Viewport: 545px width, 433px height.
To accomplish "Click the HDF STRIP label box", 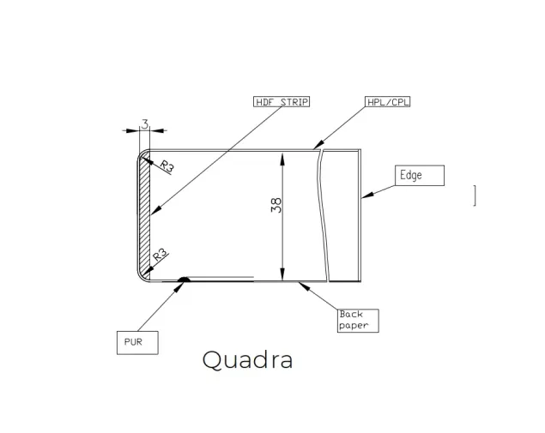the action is pos(282,102).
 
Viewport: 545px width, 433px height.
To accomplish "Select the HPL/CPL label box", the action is pos(388,102).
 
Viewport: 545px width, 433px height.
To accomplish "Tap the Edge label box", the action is pos(420,176).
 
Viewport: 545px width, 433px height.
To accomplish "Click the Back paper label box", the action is pos(358,321).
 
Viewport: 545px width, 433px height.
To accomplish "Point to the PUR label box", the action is pos(137,343).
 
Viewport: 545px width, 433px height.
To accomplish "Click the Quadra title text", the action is pos(247,360).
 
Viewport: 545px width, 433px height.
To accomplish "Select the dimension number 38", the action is pos(276,205).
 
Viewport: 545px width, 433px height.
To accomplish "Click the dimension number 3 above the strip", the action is pos(144,123).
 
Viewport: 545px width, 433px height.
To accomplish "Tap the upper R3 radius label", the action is pos(167,166).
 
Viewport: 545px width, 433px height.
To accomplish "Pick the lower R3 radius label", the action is pos(160,256).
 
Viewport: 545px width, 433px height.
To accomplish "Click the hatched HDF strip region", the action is pos(144,215).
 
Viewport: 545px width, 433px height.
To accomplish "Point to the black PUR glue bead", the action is pos(184,280).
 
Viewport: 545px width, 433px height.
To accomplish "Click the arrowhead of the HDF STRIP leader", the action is pos(156,210).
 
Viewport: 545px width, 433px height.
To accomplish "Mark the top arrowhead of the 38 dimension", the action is pos(282,159).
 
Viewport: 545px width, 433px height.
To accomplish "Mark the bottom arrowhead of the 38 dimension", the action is pos(282,274).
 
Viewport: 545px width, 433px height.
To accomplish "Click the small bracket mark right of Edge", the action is pos(475,195).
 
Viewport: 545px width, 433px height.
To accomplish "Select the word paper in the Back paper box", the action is pos(354,326).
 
